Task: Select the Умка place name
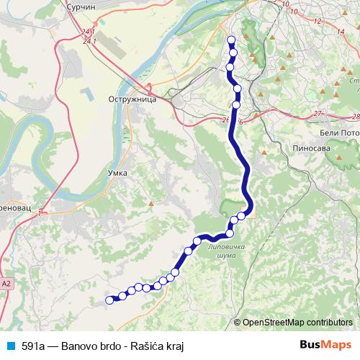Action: (117, 173)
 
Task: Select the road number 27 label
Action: (319, 114)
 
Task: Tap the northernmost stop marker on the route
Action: (231, 40)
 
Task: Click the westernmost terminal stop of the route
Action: (110, 300)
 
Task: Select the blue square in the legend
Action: (10, 346)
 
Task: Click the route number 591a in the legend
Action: (36, 346)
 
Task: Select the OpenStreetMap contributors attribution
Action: (297, 323)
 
